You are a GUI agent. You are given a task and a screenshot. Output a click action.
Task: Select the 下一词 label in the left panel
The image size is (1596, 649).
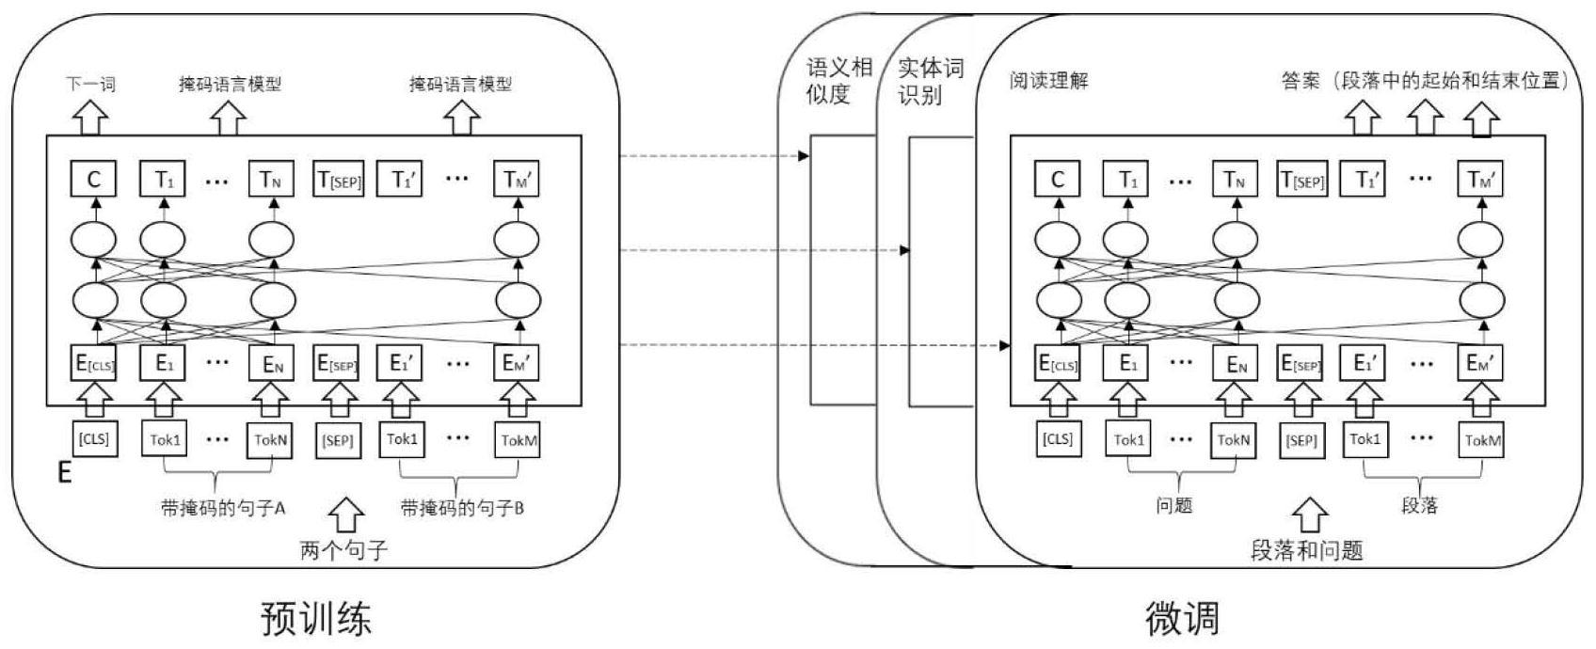pos(90,84)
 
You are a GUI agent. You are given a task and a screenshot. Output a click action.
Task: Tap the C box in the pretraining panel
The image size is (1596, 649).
pos(94,179)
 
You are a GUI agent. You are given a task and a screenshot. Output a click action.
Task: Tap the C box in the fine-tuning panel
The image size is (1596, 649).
pos(1058,179)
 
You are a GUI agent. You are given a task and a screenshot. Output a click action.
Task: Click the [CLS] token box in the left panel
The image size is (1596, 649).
pos(94,439)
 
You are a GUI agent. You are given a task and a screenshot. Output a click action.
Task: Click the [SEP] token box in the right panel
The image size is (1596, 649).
pos(1301,439)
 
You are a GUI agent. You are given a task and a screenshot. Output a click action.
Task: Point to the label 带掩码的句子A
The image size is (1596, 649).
pos(223,508)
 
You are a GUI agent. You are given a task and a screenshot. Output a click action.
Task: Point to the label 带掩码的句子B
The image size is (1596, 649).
pos(462,508)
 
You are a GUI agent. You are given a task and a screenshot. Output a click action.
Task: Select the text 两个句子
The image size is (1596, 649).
pos(343,549)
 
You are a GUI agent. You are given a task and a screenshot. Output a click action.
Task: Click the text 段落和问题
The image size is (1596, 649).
pos(1306,550)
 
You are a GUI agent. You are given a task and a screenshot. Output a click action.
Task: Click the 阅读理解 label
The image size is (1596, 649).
pos(1048,81)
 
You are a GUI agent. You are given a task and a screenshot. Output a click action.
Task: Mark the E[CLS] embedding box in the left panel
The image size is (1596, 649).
pos(94,363)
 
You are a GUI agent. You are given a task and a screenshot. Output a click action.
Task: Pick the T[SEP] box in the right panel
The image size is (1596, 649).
pos(1301,180)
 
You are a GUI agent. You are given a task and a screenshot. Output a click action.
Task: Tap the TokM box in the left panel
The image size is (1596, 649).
pos(517,439)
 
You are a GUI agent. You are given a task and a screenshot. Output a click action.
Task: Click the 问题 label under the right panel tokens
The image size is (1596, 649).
pos(1173,505)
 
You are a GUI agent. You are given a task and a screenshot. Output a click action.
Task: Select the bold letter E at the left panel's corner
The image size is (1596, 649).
pos(64,471)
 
